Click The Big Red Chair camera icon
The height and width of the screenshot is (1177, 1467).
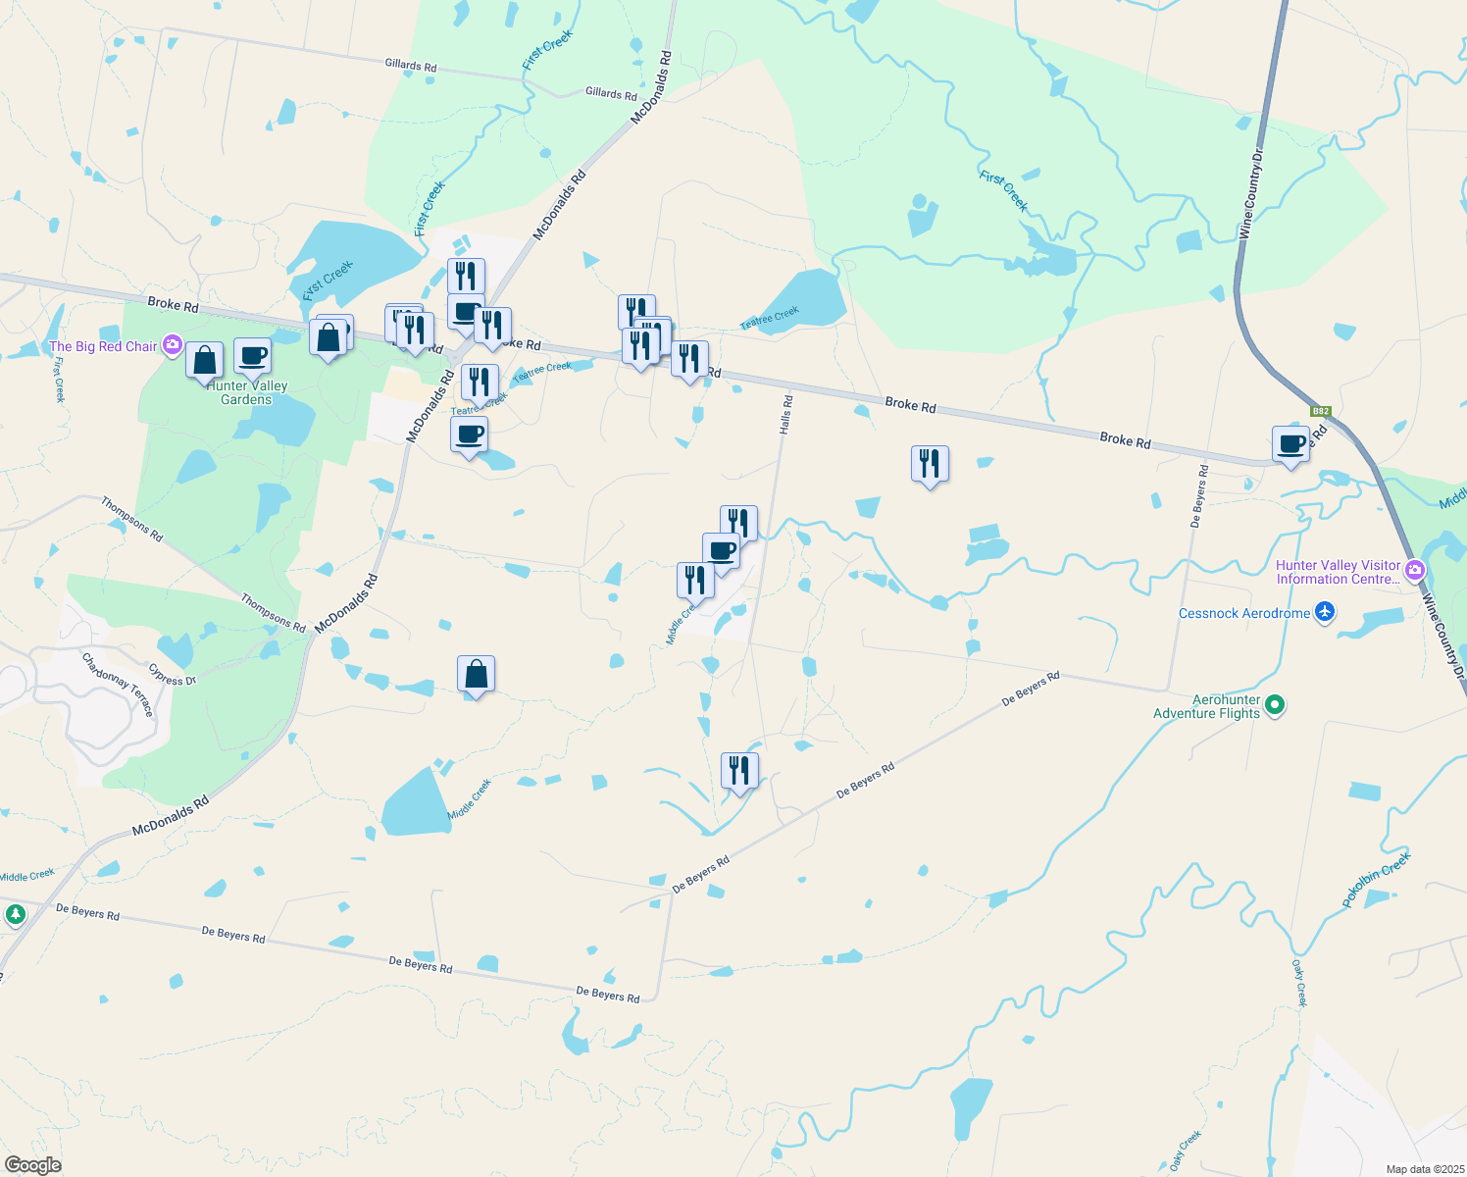click(173, 344)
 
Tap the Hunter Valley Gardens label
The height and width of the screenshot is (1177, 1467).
click(246, 392)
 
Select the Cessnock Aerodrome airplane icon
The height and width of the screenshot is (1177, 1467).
click(1325, 613)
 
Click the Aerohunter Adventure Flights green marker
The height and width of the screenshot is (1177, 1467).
click(1275, 704)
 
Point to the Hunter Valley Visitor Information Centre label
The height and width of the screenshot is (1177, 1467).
click(1338, 572)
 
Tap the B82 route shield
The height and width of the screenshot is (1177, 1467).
click(1321, 412)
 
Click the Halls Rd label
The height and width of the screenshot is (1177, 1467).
click(785, 415)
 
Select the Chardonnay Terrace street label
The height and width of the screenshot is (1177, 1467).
click(118, 684)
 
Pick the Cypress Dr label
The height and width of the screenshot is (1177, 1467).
click(173, 675)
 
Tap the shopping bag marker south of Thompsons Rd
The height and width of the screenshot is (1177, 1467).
click(476, 675)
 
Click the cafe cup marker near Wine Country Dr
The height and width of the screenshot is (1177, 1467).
click(1291, 444)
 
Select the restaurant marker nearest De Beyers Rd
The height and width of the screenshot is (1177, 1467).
click(739, 771)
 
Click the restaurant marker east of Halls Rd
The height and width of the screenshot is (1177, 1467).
click(930, 464)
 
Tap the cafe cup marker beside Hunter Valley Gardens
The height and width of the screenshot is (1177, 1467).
click(252, 356)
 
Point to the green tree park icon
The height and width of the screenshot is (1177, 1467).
click(15, 915)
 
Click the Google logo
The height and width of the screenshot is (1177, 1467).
click(32, 1165)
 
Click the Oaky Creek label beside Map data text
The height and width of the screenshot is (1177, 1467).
click(1186, 1151)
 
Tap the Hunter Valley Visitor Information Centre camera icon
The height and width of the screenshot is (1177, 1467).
click(1414, 570)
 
